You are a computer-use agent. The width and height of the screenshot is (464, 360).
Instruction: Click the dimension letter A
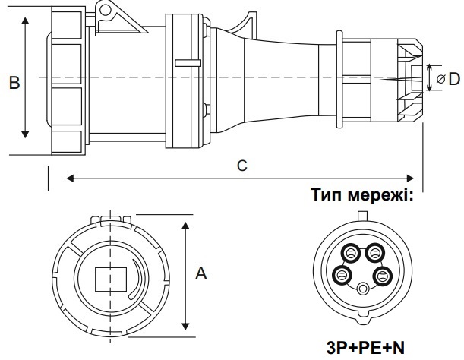click(200, 274)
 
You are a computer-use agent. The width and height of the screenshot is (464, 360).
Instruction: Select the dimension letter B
click(14, 83)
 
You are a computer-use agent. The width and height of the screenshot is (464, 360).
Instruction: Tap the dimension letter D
click(454, 78)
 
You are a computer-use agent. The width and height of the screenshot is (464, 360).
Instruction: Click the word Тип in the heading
click(328, 195)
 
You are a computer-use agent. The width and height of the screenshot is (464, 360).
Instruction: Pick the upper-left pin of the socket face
click(352, 251)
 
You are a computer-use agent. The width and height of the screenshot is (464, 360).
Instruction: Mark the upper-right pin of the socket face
click(376, 251)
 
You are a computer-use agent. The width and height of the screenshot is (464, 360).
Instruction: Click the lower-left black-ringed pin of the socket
click(342, 274)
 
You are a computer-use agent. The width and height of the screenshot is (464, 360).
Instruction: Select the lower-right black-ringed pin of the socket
click(384, 274)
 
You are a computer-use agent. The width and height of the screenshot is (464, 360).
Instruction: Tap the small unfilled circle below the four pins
click(364, 288)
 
